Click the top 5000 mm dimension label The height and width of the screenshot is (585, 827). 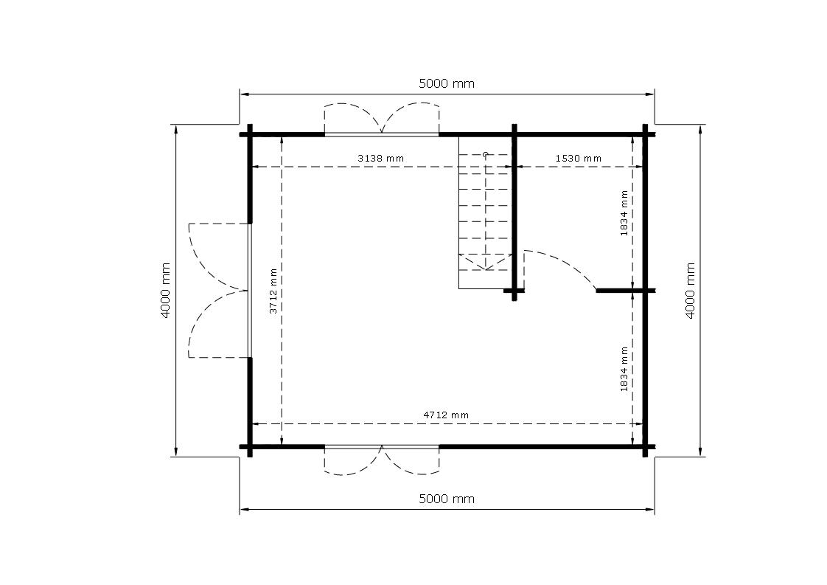[x=446, y=83]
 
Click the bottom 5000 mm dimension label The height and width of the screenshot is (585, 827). [x=446, y=499]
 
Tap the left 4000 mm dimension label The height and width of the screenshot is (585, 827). [x=165, y=291]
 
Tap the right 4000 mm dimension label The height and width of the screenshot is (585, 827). [x=690, y=291]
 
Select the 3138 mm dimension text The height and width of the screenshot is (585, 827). [x=381, y=158]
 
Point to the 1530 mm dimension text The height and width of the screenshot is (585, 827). [x=578, y=158]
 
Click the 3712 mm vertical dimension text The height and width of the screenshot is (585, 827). [x=273, y=291]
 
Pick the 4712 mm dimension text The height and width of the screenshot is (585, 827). [x=446, y=415]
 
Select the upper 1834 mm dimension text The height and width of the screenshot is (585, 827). [x=624, y=213]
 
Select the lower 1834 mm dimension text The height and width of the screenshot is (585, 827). [x=624, y=369]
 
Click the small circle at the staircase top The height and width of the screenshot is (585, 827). [x=485, y=154]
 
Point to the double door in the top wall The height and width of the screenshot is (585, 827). [x=381, y=120]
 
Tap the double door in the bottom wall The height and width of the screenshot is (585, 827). [x=381, y=460]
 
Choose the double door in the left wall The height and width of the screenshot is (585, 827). [x=219, y=291]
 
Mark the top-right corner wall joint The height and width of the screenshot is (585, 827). [x=645, y=134]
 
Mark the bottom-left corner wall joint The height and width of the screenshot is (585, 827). [x=249, y=446]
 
